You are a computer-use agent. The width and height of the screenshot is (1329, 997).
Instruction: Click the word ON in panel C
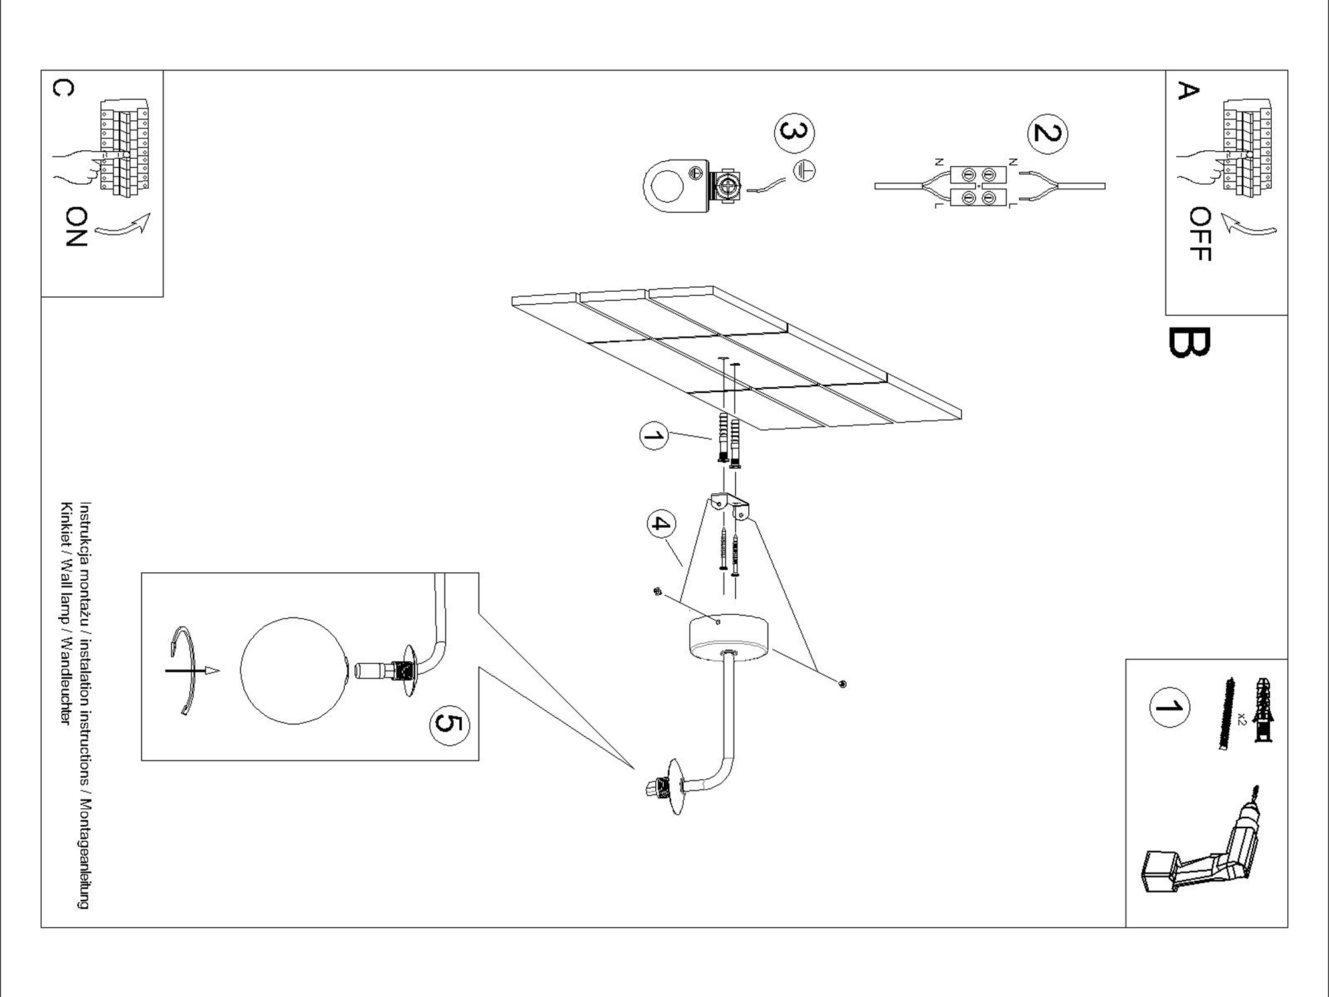76,227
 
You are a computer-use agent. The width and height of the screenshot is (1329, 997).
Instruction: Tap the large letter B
1189,342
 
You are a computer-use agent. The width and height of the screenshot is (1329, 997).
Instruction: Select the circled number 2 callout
1047,134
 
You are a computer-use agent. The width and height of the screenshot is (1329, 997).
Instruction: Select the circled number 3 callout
794,133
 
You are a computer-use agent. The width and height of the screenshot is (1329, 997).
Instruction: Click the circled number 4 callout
661,524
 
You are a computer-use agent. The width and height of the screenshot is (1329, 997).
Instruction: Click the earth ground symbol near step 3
805,171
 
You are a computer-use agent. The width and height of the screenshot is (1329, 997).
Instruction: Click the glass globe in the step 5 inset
294,670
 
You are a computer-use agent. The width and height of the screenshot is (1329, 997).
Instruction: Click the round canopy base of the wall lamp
728,637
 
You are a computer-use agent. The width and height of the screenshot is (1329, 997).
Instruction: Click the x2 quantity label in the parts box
1242,719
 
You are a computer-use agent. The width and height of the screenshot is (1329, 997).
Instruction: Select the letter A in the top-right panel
1187,90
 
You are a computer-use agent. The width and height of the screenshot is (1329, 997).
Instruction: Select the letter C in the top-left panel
63,88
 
